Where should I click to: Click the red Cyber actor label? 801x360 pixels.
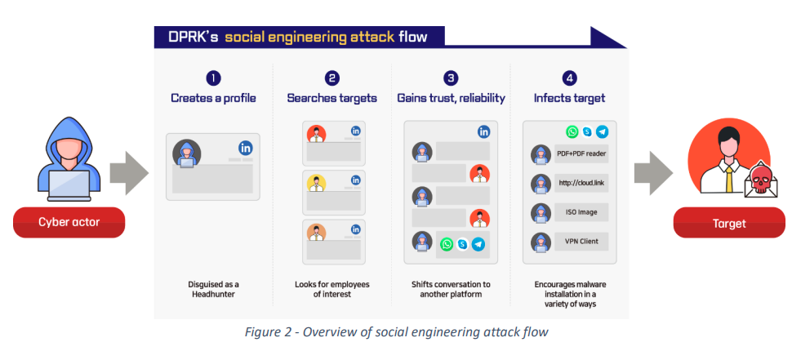coord(69,222)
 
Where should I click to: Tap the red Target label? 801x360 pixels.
coord(729,223)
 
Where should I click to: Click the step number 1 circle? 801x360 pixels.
coord(213,78)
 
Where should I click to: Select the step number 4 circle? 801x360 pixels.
coord(569,78)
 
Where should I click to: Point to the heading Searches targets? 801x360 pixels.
coord(332,97)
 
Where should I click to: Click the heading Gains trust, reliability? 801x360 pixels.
coord(451,97)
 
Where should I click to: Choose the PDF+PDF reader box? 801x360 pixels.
coord(581,153)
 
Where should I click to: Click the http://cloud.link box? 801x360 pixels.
coord(581,183)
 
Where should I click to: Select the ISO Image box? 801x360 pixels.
coord(581,212)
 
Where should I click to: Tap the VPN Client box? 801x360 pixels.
coord(581,242)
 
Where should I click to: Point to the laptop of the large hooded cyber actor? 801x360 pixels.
coord(69,185)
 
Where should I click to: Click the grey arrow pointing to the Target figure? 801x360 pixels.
coord(653,173)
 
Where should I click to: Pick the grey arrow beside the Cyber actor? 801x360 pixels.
coord(129,173)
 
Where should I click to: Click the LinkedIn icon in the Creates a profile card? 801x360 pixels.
coord(246,148)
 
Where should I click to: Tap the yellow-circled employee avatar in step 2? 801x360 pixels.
coord(317,183)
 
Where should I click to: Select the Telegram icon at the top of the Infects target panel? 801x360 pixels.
coord(603,131)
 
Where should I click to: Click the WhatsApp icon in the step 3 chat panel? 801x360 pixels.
coord(447,245)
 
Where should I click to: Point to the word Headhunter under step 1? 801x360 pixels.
coord(213,295)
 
